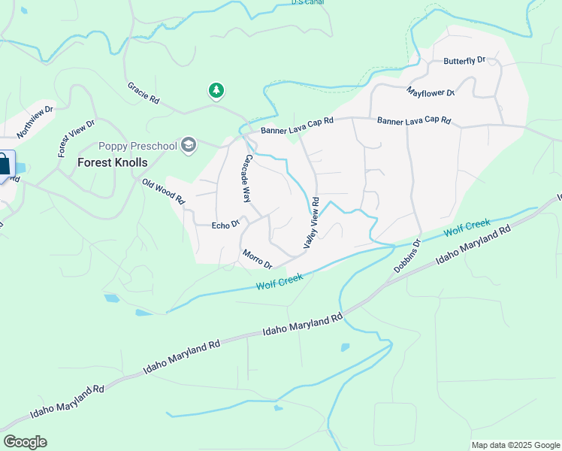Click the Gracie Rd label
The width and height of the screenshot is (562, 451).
(x=144, y=93)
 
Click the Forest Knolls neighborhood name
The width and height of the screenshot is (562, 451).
(x=113, y=162)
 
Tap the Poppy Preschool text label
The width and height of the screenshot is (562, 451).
(x=137, y=145)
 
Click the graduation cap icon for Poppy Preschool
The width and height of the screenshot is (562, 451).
(x=189, y=144)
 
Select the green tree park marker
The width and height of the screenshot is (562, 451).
(x=216, y=91)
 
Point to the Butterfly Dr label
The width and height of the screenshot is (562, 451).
(x=465, y=60)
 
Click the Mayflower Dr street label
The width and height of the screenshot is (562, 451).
(x=431, y=92)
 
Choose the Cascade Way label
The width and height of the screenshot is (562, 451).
(x=246, y=179)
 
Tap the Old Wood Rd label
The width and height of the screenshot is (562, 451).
(x=164, y=190)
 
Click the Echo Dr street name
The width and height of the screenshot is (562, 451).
(x=225, y=224)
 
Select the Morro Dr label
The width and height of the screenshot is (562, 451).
(x=257, y=259)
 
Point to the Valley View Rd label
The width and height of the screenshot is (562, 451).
(x=312, y=223)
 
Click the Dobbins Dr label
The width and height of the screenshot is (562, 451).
(x=406, y=256)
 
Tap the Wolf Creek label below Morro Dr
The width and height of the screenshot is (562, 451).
(x=279, y=282)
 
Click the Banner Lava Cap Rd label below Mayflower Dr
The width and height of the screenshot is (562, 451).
(x=413, y=120)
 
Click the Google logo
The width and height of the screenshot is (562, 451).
(x=25, y=442)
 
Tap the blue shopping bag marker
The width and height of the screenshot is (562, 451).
(x=4, y=164)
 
